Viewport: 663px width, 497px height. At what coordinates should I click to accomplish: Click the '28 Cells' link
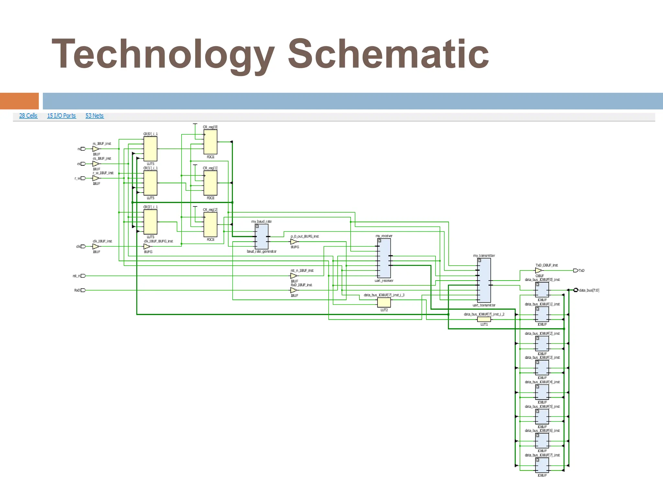(28, 116)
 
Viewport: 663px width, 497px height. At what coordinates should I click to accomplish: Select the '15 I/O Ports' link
(61, 116)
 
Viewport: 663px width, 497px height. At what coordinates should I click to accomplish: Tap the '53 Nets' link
(95, 116)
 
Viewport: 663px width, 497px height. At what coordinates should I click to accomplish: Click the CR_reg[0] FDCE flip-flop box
(210, 142)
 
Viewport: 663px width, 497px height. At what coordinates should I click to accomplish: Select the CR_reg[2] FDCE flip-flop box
(210, 225)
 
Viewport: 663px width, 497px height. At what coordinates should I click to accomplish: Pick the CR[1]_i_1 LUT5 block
(150, 183)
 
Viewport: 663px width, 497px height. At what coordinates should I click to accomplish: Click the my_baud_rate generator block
(262, 237)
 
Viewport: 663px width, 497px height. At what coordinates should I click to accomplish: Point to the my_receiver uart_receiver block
(384, 258)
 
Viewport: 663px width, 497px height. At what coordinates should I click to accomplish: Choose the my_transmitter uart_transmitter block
(484, 280)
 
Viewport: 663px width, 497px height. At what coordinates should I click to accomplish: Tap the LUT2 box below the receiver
(384, 303)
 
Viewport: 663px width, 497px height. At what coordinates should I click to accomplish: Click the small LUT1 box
(484, 319)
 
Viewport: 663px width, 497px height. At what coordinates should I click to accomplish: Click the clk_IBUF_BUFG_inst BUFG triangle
(147, 247)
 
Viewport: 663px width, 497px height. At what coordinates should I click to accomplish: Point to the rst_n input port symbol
(83, 276)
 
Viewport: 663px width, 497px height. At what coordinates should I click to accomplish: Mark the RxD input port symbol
(83, 290)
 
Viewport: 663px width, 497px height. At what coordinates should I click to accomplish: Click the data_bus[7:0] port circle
(576, 290)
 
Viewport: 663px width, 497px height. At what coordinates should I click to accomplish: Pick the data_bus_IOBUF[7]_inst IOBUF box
(542, 465)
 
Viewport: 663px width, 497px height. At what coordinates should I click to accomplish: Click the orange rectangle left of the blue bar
(19, 101)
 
